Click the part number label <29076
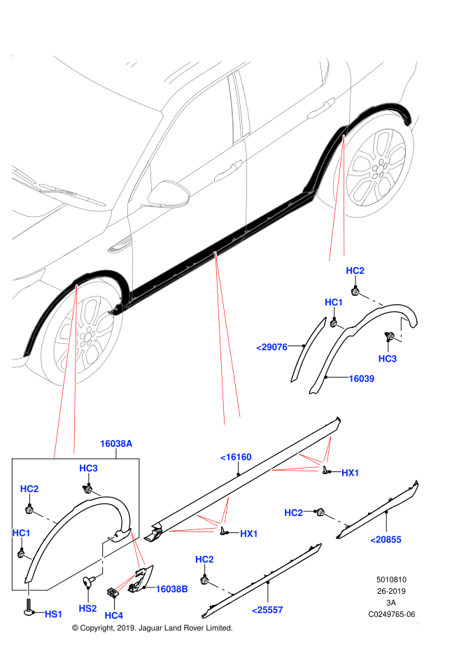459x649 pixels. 271,347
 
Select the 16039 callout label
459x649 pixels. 361,378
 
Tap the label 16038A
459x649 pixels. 116,443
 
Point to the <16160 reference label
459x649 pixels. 236,457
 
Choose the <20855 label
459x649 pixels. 386,539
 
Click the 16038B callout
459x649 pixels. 171,589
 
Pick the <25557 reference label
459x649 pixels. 267,610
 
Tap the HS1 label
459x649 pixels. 54,614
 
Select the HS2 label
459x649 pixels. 87,608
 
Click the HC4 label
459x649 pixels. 113,615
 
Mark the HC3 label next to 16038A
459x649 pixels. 88,468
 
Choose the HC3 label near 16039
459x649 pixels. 387,359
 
